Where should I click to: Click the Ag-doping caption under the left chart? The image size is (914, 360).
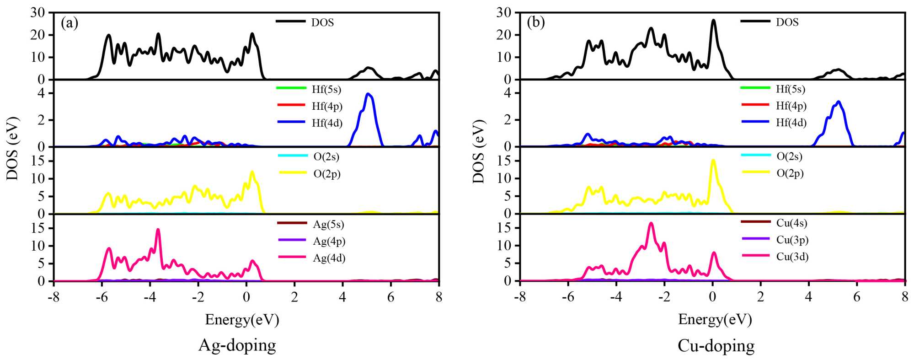pos(237,345)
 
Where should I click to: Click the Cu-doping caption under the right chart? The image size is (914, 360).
pos(716,345)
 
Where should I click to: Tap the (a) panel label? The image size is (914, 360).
pos(69,23)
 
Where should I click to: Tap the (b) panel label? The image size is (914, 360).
pos(536,22)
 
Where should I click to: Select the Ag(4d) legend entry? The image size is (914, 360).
pos(329,258)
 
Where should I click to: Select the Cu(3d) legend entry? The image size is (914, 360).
pos(792,257)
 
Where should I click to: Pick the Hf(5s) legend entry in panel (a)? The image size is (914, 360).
pos(326,89)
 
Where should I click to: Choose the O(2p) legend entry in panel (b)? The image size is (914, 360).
pos(790,173)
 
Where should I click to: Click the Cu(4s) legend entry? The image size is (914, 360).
pos(791,223)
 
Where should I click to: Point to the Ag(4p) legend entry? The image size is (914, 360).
pos(329,241)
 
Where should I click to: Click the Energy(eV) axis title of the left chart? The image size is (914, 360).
pos(242,319)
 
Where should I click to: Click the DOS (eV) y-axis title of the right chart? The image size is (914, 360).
pos(478,151)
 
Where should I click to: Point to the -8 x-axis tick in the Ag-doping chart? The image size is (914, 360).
pos(54,297)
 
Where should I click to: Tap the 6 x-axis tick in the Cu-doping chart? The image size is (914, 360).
pos(857,297)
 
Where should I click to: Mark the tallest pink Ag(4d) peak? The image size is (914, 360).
pos(158,230)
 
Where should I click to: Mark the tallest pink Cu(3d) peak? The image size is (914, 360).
pos(651,223)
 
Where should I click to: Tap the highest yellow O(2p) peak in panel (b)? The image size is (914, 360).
pos(713,160)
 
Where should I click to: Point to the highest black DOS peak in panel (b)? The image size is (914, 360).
pos(713,20)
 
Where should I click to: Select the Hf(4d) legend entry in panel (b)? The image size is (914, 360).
pos(791,123)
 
